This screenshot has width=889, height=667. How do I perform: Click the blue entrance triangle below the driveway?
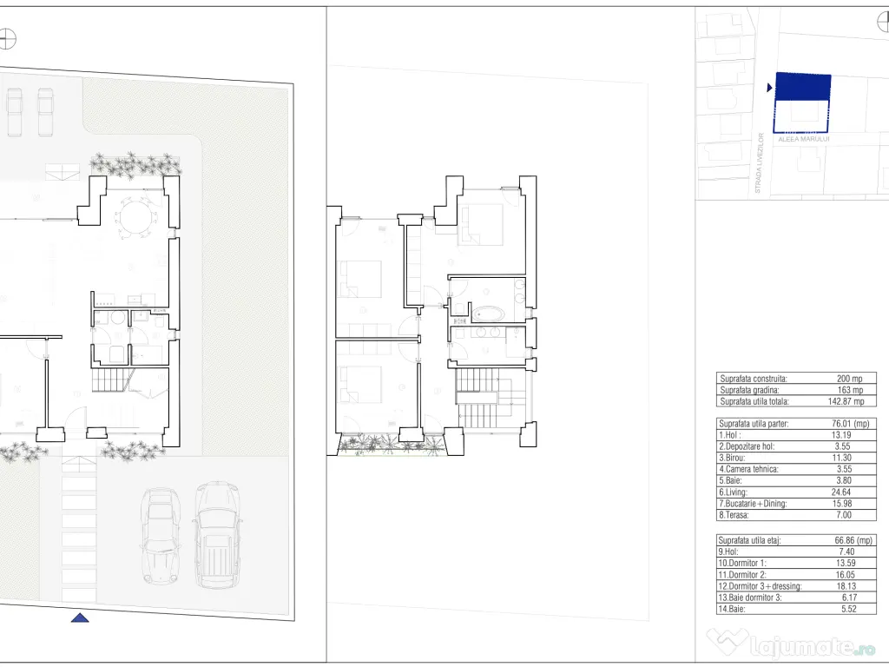pos(80,617)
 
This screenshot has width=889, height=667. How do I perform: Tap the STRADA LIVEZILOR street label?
pos(760,162)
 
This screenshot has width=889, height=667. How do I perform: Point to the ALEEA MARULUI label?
pos(803,139)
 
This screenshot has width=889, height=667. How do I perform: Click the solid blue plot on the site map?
pos(803,87)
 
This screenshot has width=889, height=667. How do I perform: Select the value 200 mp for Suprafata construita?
pos(849,379)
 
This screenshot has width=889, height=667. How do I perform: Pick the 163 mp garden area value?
pos(850,390)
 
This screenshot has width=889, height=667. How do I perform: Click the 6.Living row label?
pos(733,492)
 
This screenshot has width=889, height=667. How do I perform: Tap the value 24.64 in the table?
pos(840,492)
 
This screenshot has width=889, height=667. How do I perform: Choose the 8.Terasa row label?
pos(734,515)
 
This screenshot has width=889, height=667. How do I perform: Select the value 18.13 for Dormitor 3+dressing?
pos(846,586)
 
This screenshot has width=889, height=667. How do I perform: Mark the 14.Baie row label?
pos(731,609)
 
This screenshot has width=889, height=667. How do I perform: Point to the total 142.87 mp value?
pos(846,401)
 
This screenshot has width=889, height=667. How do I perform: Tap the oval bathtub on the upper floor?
pos(488,314)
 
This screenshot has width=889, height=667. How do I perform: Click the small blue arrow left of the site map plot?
pos(769,88)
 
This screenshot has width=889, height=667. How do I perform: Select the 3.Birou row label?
pos(732,458)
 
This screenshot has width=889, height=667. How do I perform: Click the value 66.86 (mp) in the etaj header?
pos(853,540)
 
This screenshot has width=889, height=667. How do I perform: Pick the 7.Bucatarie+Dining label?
pos(753,504)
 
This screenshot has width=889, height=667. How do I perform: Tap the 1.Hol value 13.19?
pos(840,435)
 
